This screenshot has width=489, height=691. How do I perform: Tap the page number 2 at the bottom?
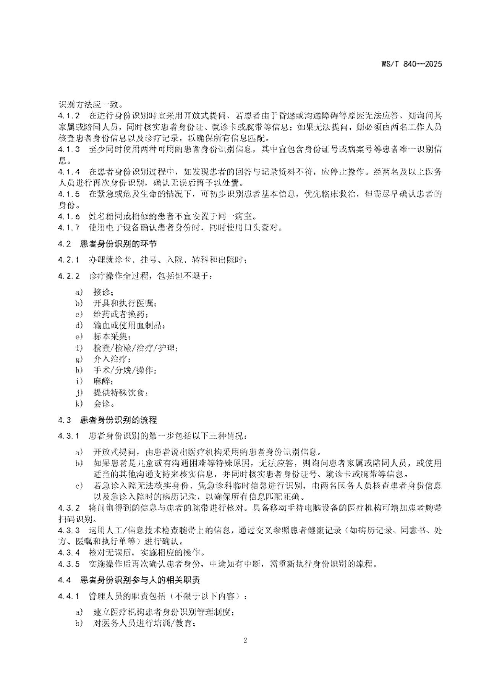245,640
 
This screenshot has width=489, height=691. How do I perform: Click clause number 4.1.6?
69,216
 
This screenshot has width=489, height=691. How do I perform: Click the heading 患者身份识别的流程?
118,420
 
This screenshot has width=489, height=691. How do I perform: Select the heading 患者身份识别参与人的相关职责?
140,580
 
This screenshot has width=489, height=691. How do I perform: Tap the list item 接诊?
103,292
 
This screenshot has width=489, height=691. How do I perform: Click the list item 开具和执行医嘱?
125,304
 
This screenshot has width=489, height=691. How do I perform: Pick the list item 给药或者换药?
120,315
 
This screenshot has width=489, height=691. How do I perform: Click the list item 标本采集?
112,337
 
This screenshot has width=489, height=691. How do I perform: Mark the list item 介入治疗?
112,359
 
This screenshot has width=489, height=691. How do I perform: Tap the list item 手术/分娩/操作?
125,370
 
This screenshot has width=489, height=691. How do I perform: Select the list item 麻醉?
103,381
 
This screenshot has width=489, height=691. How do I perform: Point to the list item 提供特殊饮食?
120,392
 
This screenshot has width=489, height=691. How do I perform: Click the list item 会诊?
103,404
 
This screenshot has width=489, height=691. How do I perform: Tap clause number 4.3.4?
69,552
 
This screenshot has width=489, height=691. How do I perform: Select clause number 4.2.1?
69,260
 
